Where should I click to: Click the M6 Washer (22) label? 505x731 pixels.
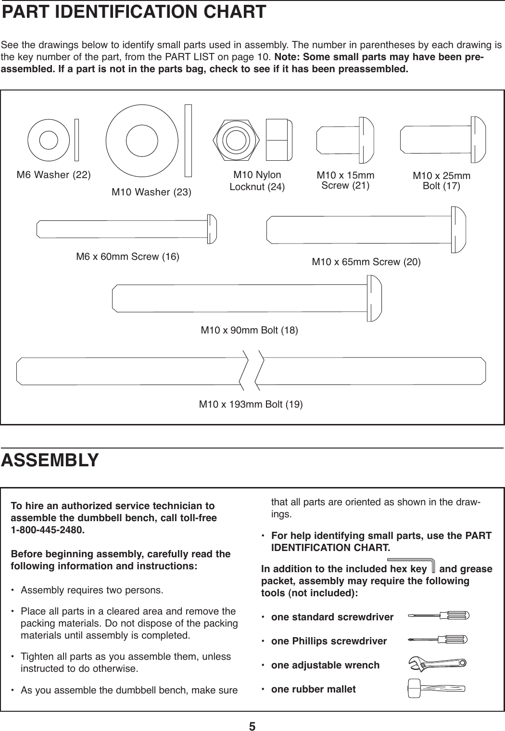click(53, 175)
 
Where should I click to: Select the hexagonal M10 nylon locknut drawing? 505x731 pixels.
click(235, 140)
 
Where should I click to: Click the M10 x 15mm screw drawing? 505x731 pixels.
click(345, 140)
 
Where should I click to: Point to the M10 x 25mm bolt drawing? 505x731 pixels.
click(442, 140)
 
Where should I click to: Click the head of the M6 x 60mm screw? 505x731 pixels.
click(212, 229)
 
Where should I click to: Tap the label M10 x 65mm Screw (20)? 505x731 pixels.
click(366, 262)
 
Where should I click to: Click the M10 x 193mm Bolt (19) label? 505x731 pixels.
click(251, 404)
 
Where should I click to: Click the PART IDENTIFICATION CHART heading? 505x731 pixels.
click(134, 12)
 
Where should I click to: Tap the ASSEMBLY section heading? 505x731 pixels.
click(50, 460)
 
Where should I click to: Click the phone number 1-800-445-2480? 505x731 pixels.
click(48, 530)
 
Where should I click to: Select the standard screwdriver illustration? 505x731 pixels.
click(438, 616)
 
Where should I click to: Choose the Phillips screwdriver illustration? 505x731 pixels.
click(438, 640)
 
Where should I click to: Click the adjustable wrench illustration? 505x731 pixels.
click(436, 664)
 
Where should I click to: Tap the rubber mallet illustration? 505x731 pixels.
click(435, 688)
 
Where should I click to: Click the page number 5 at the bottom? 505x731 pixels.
click(252, 726)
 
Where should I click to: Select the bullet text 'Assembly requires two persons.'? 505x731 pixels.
click(92, 590)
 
